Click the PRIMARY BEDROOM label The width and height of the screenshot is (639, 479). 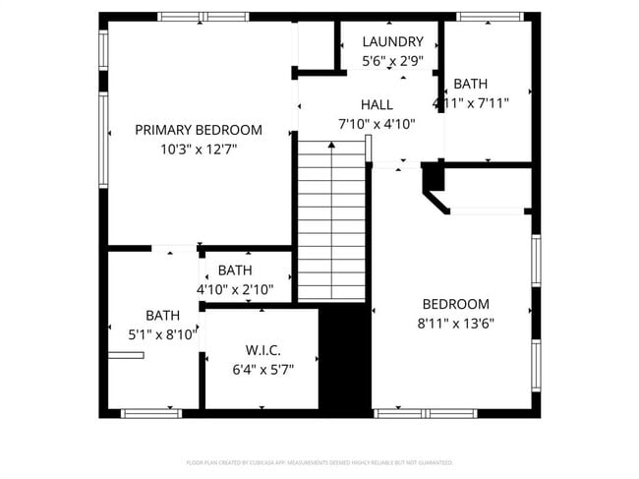pos(199,130)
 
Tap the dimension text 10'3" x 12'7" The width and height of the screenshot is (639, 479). pos(199,150)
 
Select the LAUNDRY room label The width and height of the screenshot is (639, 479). pos(392,42)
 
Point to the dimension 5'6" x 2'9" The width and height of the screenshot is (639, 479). pos(392,61)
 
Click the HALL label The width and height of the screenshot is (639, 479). pos(377,105)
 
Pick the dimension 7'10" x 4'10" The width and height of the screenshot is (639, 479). pos(377,124)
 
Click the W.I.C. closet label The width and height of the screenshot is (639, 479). pos(262,350)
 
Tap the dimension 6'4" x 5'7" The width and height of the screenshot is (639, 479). pos(262,370)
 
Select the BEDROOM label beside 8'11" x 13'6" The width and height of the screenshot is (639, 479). pos(455,304)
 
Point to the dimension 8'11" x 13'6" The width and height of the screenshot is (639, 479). pos(455,323)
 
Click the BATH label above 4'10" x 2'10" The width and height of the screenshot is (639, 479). pos(235,270)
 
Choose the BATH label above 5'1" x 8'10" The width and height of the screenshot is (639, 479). pos(162,316)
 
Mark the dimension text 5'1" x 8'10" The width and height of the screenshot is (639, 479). pos(162,334)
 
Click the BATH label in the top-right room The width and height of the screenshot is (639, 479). pos(470,85)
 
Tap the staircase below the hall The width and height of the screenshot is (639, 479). pos(332,221)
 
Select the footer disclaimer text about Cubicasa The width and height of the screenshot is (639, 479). pos(319,461)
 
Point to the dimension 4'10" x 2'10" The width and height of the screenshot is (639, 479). pos(235,290)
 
